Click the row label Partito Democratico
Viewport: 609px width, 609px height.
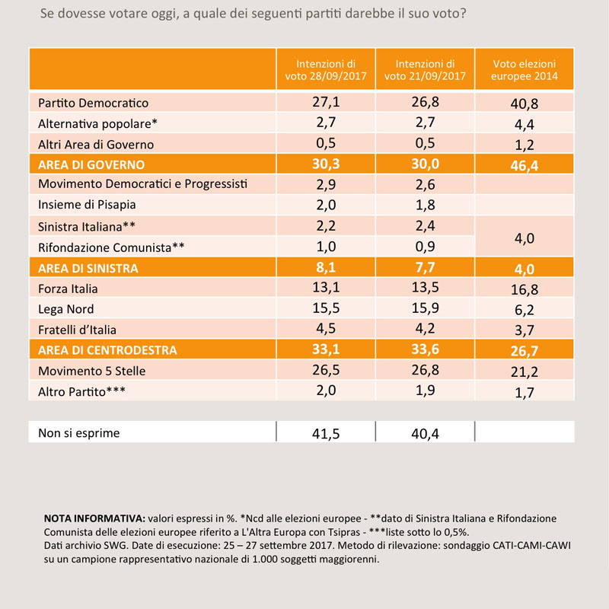93,103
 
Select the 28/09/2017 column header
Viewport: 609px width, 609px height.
326,69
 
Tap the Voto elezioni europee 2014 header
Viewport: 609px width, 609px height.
525,69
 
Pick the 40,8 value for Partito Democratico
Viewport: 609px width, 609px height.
525,104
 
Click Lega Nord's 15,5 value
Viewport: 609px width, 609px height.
326,308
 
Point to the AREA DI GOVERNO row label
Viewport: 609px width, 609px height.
91,164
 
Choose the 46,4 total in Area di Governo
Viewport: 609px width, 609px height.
525,166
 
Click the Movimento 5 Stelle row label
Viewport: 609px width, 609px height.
91,371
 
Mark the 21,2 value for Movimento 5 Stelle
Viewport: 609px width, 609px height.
525,372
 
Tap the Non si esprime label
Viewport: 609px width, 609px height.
79,432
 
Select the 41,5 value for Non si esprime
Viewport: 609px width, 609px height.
326,433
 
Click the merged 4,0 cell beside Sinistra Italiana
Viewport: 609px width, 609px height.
525,238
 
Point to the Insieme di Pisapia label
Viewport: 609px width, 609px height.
87,205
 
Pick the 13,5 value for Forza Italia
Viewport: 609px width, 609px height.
426,288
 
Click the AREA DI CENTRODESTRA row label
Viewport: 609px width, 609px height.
107,350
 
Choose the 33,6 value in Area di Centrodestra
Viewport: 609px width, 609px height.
426,349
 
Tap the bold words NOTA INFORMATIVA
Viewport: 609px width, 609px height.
94,518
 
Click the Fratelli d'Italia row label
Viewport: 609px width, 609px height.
78,330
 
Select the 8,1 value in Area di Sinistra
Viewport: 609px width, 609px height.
326,267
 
